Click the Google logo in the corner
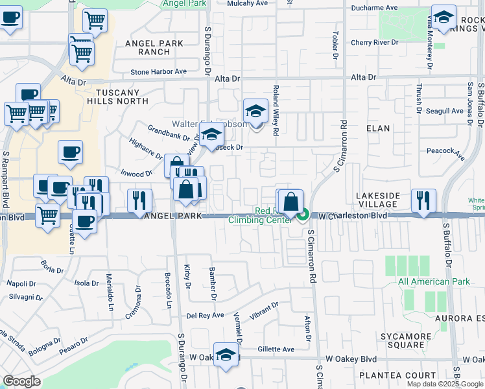pyautogui.click(x=21, y=381)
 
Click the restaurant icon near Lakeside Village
pyautogui.click(x=423, y=200)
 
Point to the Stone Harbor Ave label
pyautogui.click(x=159, y=71)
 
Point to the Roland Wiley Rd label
pyautogui.click(x=276, y=110)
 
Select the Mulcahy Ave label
pyautogui.click(x=247, y=3)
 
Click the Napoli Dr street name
pyautogui.click(x=21, y=283)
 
